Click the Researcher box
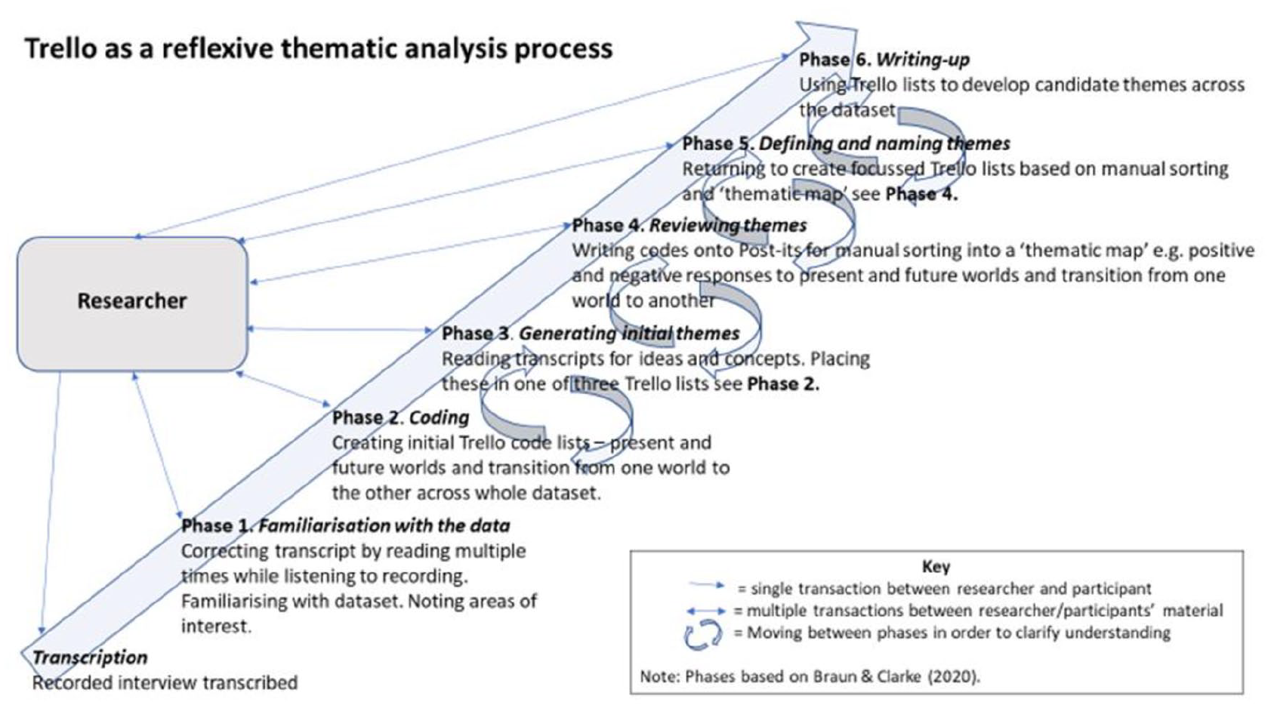pyautogui.click(x=132, y=304)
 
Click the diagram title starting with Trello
pyautogui.click(x=319, y=49)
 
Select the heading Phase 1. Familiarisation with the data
pyautogui.click(x=346, y=525)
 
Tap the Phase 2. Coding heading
pyautogui.click(x=400, y=417)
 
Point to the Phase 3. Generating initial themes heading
pyautogui.click(x=591, y=333)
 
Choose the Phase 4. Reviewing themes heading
pyautogui.click(x=689, y=225)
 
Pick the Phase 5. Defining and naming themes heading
pyautogui.click(x=846, y=143)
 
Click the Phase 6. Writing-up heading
pyautogui.click(x=884, y=60)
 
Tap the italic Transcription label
pyautogui.click(x=90, y=657)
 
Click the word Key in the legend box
pyautogui.click(x=936, y=566)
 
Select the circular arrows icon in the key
pyautogui.click(x=703, y=633)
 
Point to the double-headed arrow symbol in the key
pyautogui.click(x=705, y=611)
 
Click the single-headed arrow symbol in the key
pyautogui.click(x=706, y=585)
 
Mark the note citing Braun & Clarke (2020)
pyautogui.click(x=810, y=676)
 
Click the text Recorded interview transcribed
pyautogui.click(x=165, y=682)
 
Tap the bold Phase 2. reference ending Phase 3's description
pyautogui.click(x=783, y=384)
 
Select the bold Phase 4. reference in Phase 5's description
pyautogui.click(x=921, y=195)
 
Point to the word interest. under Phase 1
pyautogui.click(x=216, y=626)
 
